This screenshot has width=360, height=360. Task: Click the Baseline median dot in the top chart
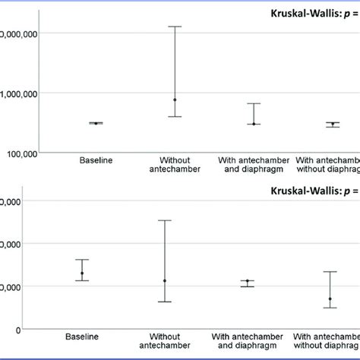pyautogui.click(x=96, y=123)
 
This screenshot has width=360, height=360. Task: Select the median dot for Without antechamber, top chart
pyautogui.click(x=175, y=99)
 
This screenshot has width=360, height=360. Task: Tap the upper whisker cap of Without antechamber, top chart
pyautogui.click(x=175, y=27)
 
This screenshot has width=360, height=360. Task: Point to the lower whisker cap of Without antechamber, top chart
pyautogui.click(x=175, y=116)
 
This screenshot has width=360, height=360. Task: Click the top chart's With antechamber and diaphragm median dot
pyautogui.click(x=254, y=123)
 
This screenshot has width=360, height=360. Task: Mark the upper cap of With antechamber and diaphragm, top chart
pyautogui.click(x=254, y=103)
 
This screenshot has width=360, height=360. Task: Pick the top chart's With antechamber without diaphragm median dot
pyautogui.click(x=332, y=124)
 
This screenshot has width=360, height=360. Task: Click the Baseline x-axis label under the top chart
pyautogui.click(x=96, y=160)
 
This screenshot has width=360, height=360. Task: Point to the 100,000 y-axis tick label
pyautogui.click(x=21, y=153)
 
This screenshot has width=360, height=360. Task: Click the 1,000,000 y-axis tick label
pyautogui.click(x=21, y=93)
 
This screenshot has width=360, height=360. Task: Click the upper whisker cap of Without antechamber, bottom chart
pyautogui.click(x=164, y=220)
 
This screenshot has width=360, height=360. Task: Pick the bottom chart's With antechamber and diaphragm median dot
pyautogui.click(x=247, y=281)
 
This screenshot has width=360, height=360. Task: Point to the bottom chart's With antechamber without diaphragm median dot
pyautogui.click(x=330, y=298)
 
